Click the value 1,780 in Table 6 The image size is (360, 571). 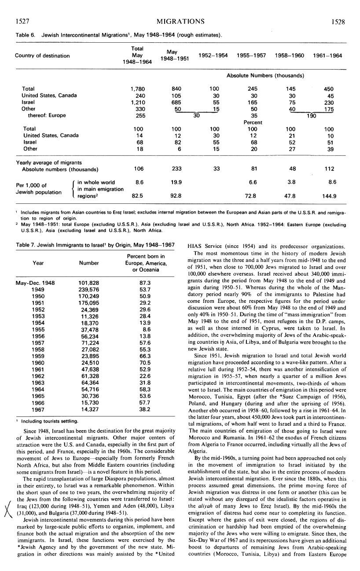click(x=138, y=88)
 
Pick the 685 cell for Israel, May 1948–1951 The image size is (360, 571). click(x=176, y=102)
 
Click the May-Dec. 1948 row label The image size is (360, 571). click(x=35, y=270)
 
